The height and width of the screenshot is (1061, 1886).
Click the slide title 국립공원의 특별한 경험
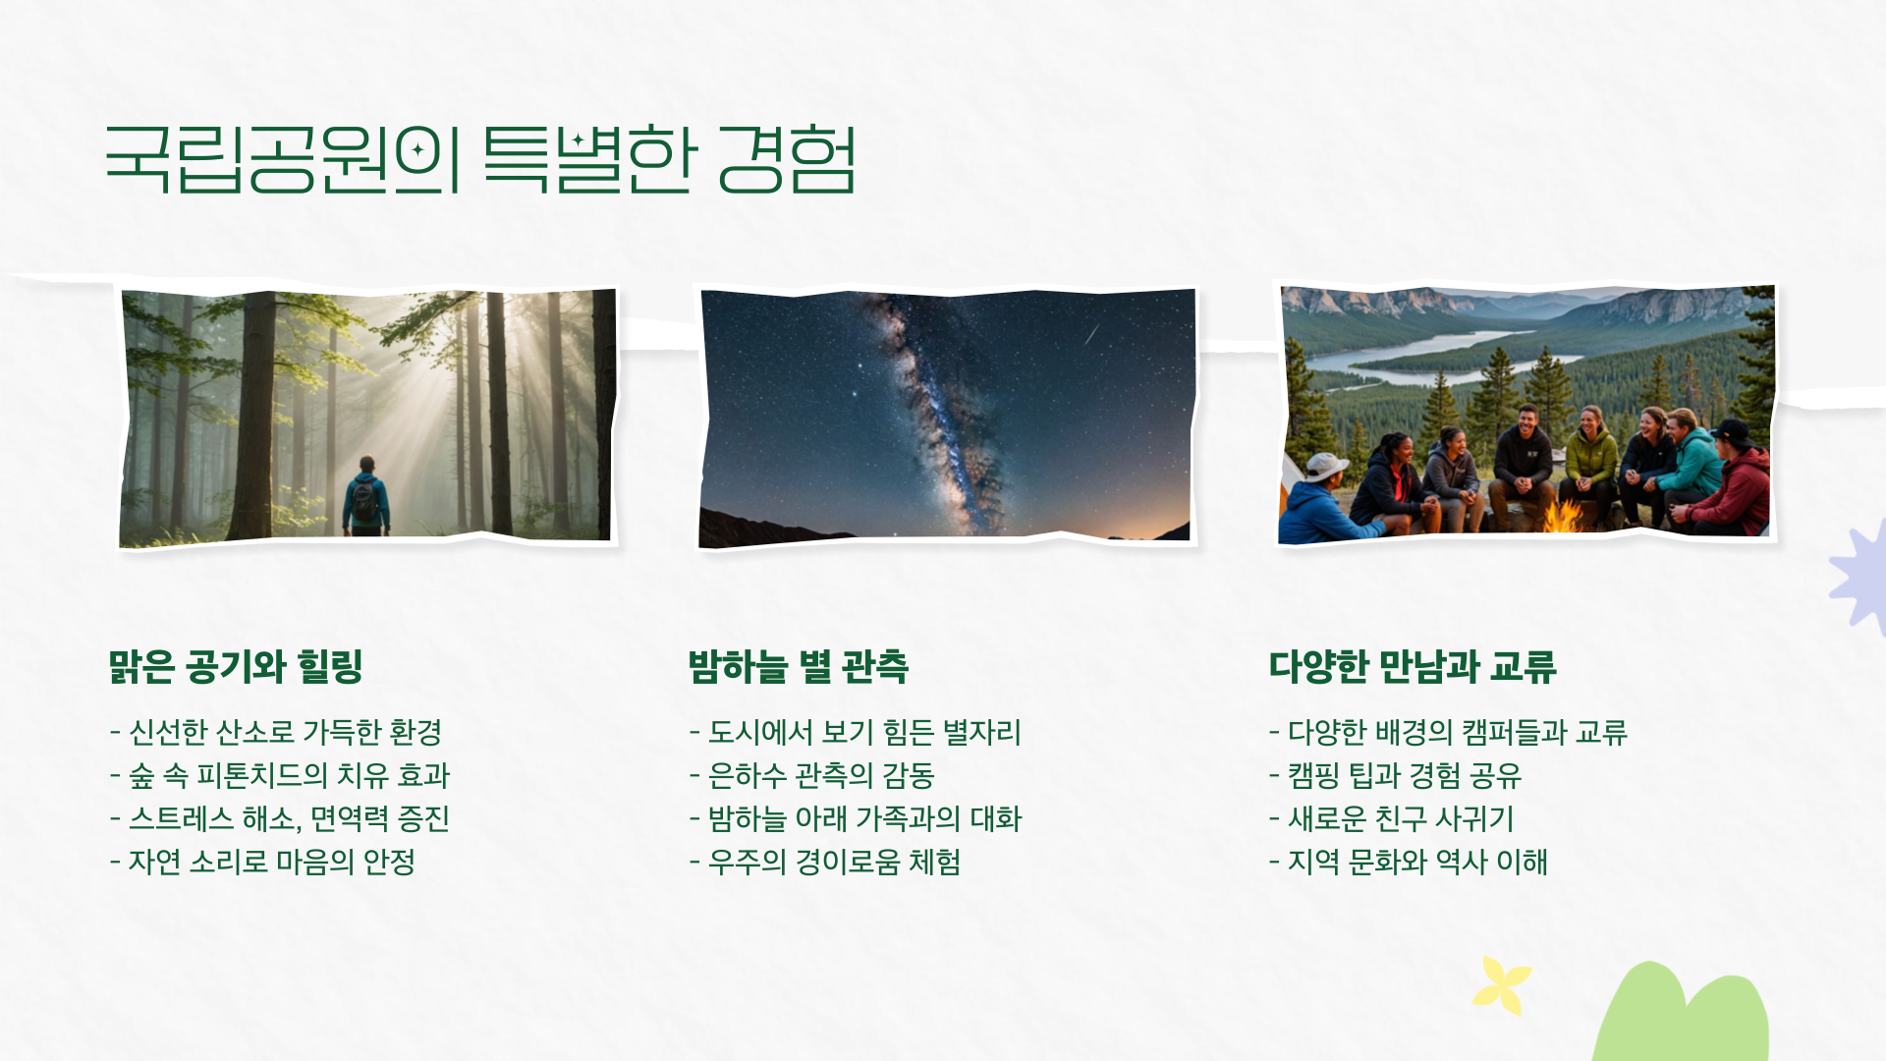tap(479, 158)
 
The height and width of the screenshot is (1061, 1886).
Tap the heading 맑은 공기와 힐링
tap(236, 666)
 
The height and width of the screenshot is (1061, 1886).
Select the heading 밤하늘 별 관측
tap(798, 666)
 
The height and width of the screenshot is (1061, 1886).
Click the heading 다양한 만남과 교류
tap(1412, 666)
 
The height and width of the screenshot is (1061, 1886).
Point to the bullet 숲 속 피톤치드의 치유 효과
tap(280, 775)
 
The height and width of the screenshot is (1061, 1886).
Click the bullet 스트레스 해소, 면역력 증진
tap(280, 818)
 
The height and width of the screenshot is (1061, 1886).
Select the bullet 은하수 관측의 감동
tap(811, 775)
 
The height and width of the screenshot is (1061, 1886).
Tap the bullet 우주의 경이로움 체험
tap(825, 862)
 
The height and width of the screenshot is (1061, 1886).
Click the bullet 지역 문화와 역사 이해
tap(1409, 862)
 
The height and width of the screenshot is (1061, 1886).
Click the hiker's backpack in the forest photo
tap(365, 501)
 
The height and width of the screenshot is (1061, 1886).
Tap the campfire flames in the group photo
tap(1563, 516)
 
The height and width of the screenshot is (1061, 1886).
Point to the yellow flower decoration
tap(1501, 984)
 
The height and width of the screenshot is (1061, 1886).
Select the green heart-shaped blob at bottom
tap(1680, 1017)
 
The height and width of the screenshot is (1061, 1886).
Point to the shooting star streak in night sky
tap(1091, 335)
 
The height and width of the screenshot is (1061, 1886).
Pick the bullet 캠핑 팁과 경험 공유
tap(1395, 775)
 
